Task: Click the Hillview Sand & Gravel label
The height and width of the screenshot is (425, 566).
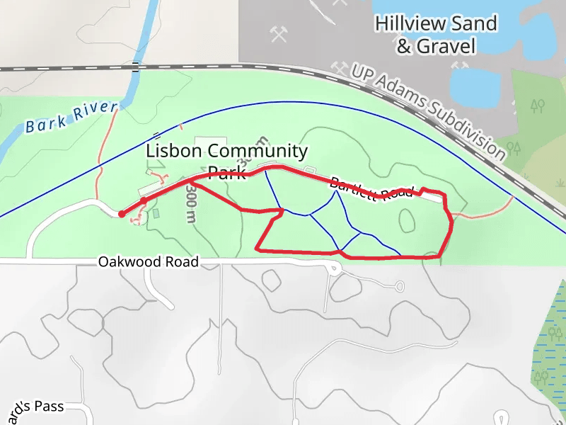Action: [x=436, y=35]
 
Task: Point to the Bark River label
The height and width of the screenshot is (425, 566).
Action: [x=71, y=118]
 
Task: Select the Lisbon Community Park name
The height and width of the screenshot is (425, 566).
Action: [x=227, y=161]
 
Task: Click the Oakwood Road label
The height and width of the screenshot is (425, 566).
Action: [x=148, y=262]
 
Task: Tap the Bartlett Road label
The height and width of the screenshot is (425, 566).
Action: [x=371, y=187]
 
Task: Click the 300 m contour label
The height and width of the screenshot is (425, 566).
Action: [x=190, y=204]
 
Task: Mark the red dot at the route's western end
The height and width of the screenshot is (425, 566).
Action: [x=122, y=213]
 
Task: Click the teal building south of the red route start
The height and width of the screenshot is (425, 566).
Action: [x=156, y=213]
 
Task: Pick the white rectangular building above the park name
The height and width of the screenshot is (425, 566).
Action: [x=210, y=142]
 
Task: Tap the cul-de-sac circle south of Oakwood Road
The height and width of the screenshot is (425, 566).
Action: [x=400, y=287]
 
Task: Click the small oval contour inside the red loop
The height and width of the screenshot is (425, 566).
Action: [x=407, y=220]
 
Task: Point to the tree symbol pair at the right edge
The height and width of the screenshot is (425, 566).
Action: [x=538, y=106]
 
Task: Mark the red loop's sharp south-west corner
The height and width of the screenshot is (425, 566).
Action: [x=257, y=249]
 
